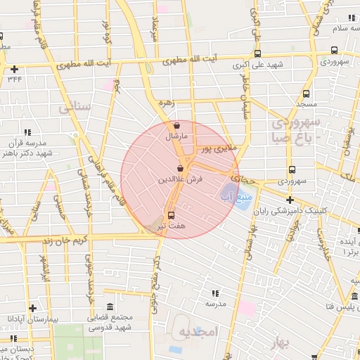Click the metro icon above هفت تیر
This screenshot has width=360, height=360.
(171, 216)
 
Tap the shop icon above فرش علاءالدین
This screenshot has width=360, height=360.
(181, 169)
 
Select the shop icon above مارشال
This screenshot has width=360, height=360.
(175, 126)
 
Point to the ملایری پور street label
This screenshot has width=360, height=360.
(215, 149)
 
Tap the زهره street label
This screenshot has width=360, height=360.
(165, 102)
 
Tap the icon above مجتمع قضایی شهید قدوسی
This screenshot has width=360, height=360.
(110, 307)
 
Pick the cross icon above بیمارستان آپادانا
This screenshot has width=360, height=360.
(32, 308)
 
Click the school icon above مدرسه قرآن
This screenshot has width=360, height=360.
(27, 131)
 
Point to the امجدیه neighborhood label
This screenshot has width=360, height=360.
(200, 330)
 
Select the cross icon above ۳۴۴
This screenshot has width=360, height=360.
(15, 69)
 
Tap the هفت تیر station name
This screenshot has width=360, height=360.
(172, 227)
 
